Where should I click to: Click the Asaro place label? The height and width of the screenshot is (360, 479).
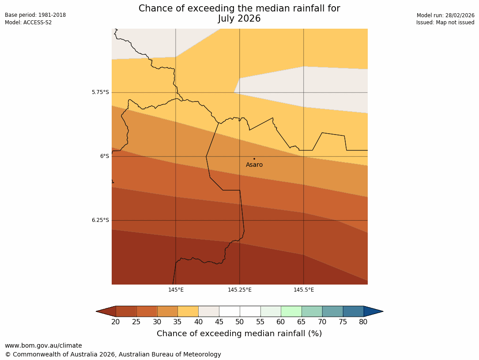254,165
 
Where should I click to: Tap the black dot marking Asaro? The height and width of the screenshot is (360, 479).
254,159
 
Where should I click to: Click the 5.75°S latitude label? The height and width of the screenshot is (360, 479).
100,93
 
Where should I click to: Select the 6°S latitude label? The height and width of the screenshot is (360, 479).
104,156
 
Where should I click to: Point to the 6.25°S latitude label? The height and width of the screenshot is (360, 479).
100,220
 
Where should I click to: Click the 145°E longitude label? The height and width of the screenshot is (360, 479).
176,290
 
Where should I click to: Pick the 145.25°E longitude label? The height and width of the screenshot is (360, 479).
240,290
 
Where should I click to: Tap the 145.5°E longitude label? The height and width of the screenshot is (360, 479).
304,290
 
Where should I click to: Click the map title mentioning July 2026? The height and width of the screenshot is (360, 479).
239,14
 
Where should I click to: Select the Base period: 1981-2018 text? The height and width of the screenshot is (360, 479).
35,15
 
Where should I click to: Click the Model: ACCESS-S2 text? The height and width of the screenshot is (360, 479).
28,22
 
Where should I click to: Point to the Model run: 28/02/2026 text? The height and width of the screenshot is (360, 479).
445,15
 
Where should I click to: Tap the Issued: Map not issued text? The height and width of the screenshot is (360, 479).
445,22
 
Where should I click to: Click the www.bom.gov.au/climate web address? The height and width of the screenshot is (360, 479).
43,345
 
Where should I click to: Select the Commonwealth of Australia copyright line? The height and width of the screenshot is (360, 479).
113,354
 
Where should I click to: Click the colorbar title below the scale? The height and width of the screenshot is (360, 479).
239,334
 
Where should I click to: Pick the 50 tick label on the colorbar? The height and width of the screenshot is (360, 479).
240,322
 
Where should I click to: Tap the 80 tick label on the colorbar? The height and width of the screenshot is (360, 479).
363,322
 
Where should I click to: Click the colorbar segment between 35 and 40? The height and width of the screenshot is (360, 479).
188,311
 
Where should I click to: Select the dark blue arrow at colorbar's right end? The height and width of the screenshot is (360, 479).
373,311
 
